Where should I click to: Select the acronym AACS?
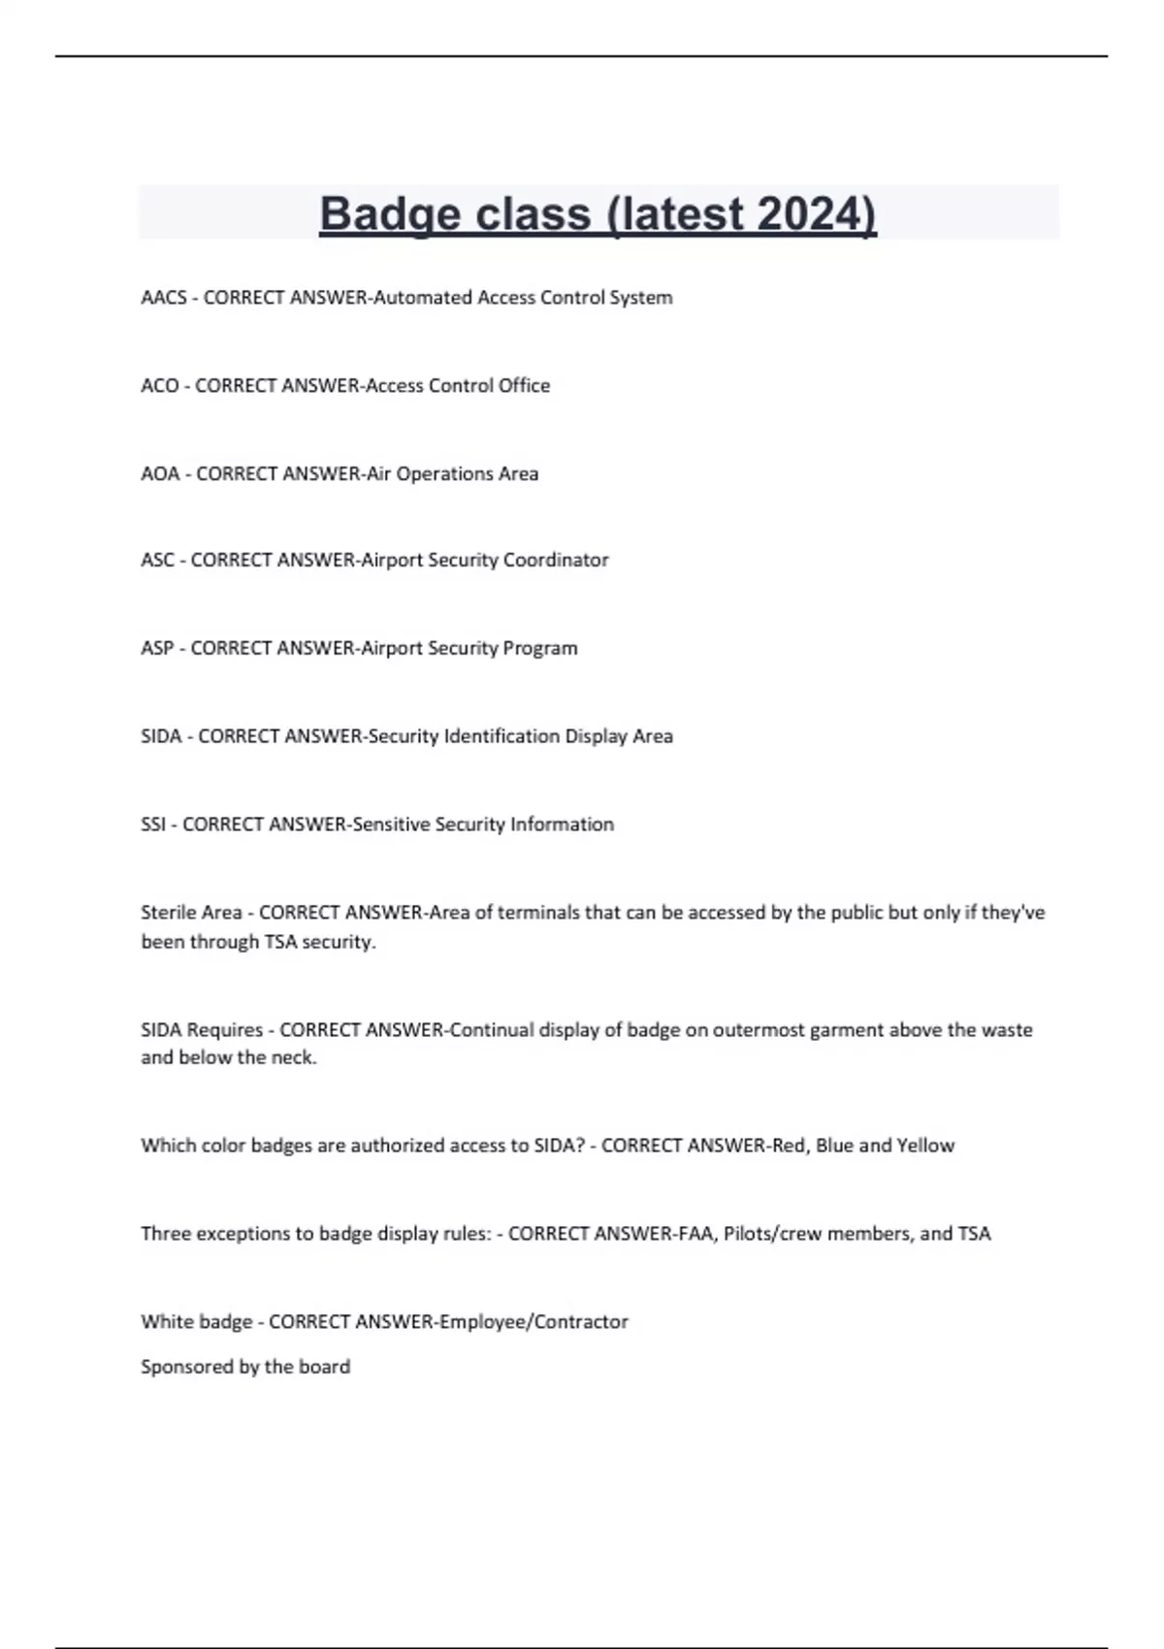pyautogui.click(x=164, y=298)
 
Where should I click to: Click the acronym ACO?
pyautogui.click(x=160, y=386)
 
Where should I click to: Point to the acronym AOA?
pyautogui.click(x=161, y=474)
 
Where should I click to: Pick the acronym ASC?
pyautogui.click(x=158, y=561)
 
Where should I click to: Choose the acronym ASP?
pyautogui.click(x=157, y=648)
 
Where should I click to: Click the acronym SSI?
pyautogui.click(x=153, y=824)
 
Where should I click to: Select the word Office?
pyautogui.click(x=524, y=386)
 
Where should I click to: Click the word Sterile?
pyautogui.click(x=169, y=913)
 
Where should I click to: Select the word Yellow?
pyautogui.click(x=925, y=1146)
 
